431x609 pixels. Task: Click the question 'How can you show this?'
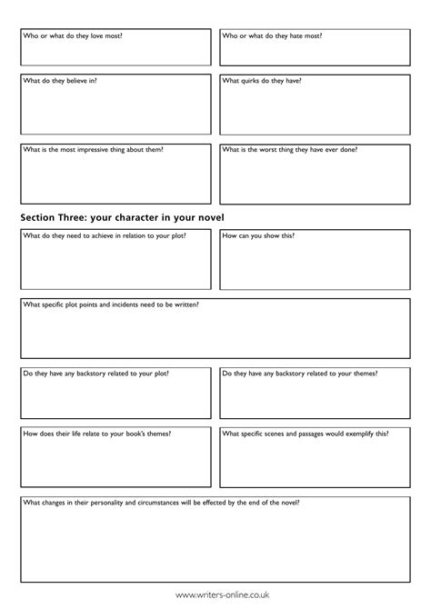[x=258, y=235]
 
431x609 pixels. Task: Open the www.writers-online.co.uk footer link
[x=215, y=595]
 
